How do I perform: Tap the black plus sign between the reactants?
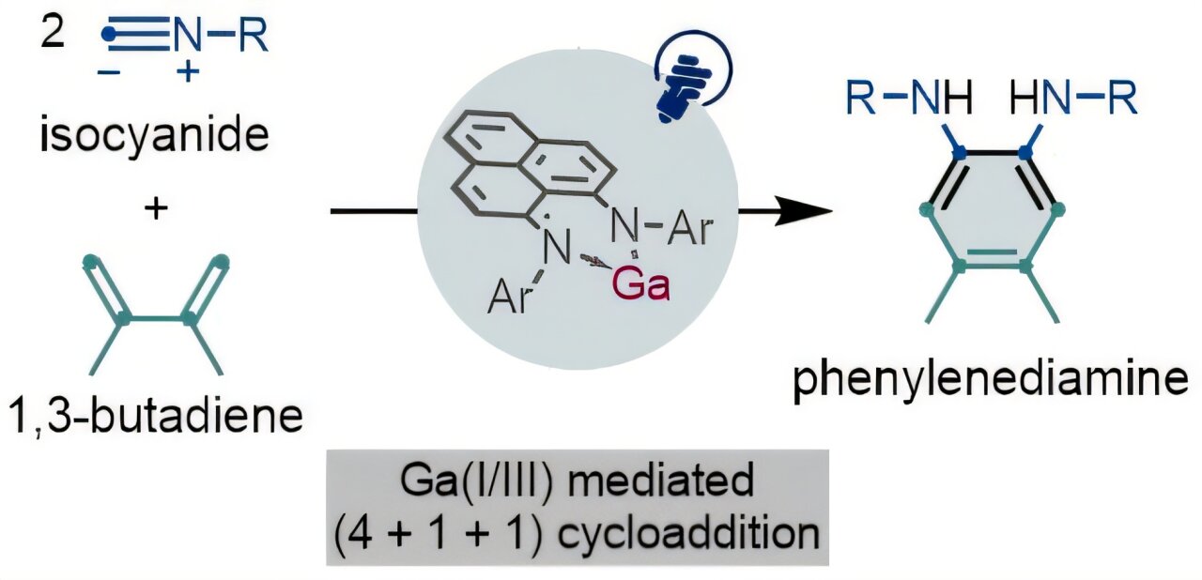[155, 208]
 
